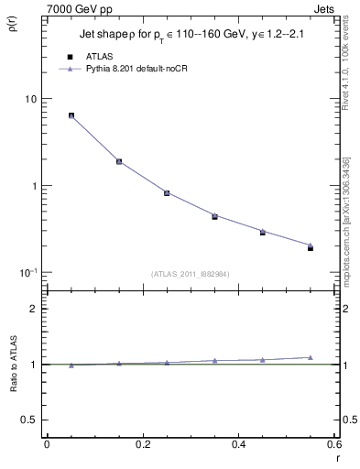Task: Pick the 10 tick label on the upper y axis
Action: pyautogui.click(x=30, y=99)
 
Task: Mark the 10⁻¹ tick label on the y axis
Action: pyautogui.click(x=27, y=272)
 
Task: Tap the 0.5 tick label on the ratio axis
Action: pyautogui.click(x=29, y=420)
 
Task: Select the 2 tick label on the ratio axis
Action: pyautogui.click(x=33, y=309)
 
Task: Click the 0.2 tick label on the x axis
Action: pyautogui.click(x=142, y=444)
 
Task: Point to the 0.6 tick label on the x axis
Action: pyautogui.click(x=334, y=444)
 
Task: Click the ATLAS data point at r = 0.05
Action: pyautogui.click(x=71, y=115)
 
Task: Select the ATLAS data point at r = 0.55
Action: pyautogui.click(x=310, y=247)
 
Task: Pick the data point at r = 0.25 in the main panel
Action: pyautogui.click(x=167, y=192)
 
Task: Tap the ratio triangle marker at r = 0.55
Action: pyautogui.click(x=310, y=357)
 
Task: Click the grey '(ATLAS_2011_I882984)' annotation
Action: pyautogui.click(x=190, y=274)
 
